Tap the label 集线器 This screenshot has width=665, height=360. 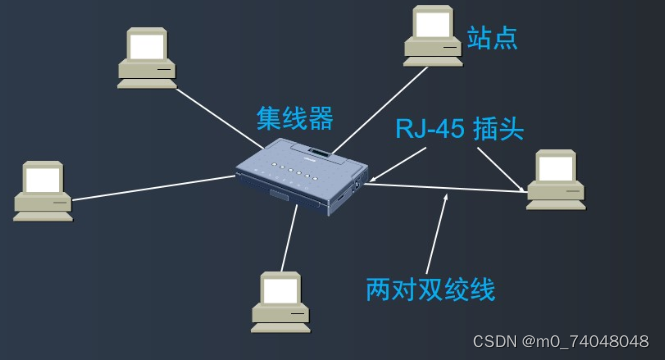point(294,119)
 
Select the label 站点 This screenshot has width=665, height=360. point(492,39)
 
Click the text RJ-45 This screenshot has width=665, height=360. point(427,128)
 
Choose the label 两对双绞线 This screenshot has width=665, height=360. point(430,290)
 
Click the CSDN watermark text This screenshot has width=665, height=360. point(560,342)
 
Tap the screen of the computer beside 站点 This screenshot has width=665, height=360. point(432,23)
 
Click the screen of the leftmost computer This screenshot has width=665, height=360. point(42,179)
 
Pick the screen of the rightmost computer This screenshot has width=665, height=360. point(555,167)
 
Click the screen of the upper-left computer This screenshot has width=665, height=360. point(146,45)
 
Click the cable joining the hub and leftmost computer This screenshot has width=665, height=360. point(150,187)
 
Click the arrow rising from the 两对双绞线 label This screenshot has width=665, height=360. point(438,235)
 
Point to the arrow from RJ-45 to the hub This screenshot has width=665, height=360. point(398,165)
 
